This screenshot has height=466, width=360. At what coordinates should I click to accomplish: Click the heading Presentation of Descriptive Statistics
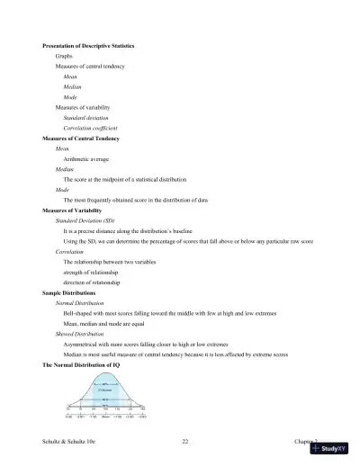click(x=89, y=45)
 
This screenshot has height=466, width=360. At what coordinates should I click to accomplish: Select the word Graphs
click(x=64, y=56)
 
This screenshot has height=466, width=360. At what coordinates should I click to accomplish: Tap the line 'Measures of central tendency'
click(x=90, y=67)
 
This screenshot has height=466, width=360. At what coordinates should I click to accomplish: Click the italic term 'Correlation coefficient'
click(x=96, y=128)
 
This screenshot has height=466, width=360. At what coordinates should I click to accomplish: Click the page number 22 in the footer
click(x=184, y=442)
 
